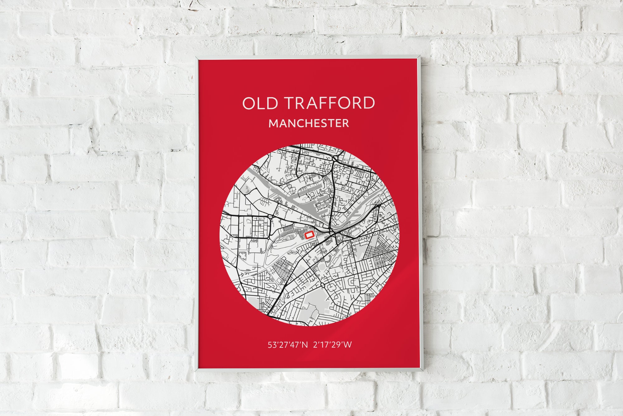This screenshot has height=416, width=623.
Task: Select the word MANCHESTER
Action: (309, 123)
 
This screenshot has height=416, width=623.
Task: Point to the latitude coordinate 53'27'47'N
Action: (288, 345)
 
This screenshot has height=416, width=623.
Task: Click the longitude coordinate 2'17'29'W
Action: (334, 345)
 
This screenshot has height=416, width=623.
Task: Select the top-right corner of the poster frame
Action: (421, 57)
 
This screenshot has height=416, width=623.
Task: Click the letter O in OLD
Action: (248, 103)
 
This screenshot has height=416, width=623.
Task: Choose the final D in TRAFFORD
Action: (369, 103)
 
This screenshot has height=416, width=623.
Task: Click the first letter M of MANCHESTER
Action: (273, 123)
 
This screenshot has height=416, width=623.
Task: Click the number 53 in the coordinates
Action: (271, 345)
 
